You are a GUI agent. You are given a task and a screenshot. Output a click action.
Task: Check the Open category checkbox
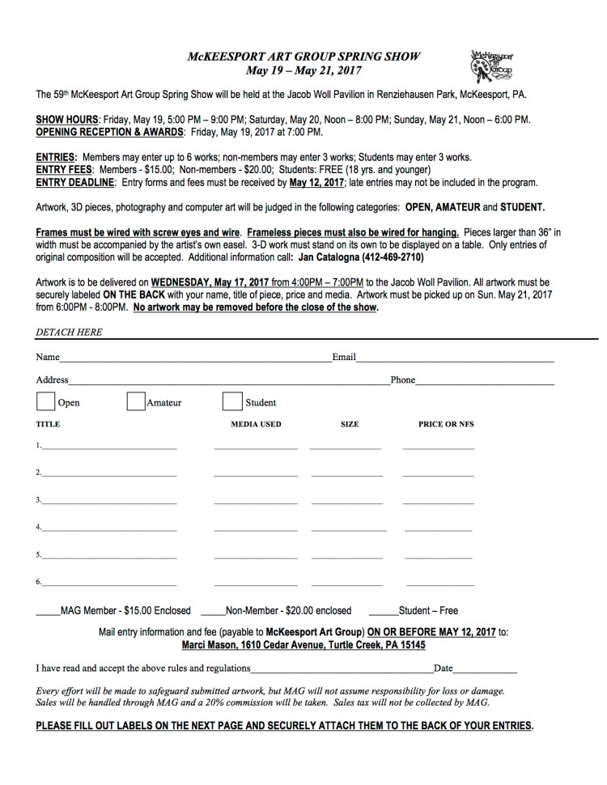(45, 401)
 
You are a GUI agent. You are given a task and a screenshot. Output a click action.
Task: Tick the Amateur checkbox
(136, 401)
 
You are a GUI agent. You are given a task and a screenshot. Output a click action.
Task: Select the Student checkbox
(232, 401)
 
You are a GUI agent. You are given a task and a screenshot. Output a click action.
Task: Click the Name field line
(194, 358)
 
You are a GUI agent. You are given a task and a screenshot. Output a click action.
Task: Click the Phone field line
(485, 380)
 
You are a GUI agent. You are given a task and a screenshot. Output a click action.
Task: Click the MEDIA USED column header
(256, 424)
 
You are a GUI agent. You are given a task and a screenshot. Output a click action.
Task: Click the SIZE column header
(350, 424)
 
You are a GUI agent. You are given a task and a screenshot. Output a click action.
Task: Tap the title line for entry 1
(109, 447)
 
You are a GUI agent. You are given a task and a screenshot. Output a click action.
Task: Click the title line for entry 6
(109, 583)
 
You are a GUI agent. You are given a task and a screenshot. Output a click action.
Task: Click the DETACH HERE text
(70, 332)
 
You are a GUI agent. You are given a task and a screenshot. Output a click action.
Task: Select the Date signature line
(485, 670)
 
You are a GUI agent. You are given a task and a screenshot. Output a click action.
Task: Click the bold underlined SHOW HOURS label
(67, 119)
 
